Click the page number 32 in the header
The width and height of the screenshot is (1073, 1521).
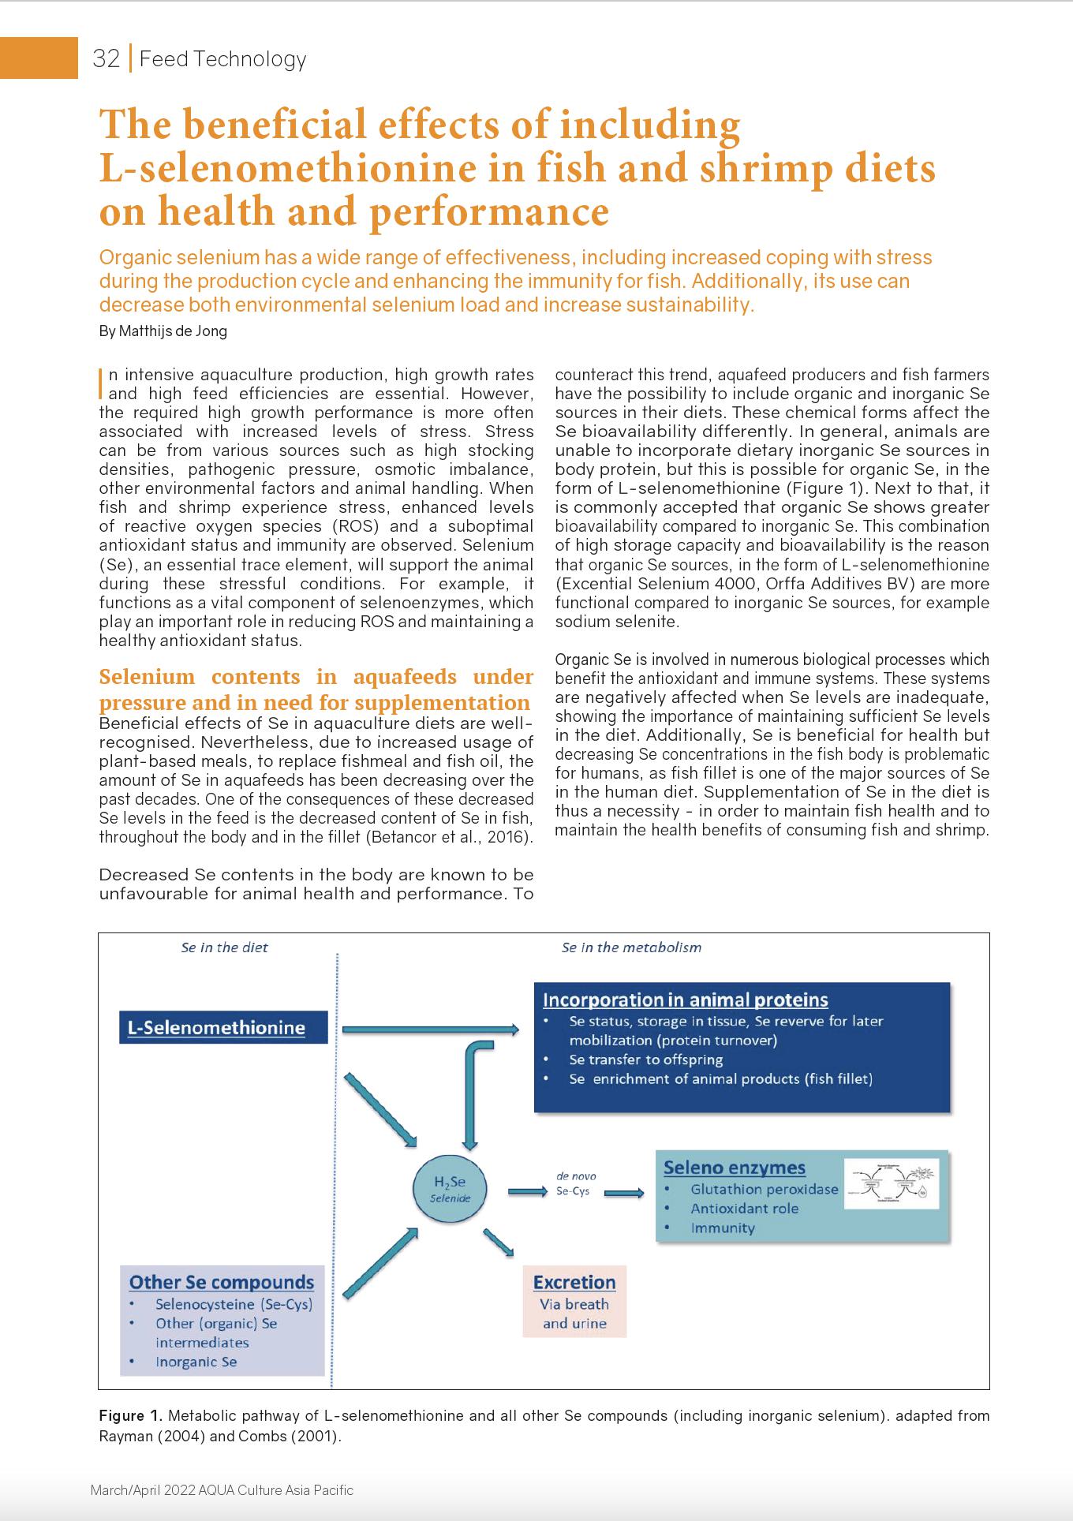pyautogui.click(x=106, y=59)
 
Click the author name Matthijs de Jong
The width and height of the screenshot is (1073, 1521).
pyautogui.click(x=163, y=331)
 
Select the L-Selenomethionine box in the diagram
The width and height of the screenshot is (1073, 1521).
pyautogui.click(x=222, y=1027)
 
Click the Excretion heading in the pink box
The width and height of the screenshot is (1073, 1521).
pyautogui.click(x=574, y=1283)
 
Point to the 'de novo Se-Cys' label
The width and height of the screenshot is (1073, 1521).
pyautogui.click(x=575, y=1183)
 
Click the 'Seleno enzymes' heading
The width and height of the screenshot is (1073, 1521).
pyautogui.click(x=734, y=1168)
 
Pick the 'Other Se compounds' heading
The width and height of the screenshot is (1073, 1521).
pyautogui.click(x=221, y=1283)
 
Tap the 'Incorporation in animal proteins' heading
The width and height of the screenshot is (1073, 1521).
pyautogui.click(x=685, y=1000)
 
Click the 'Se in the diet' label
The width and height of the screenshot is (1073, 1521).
pyautogui.click(x=224, y=947)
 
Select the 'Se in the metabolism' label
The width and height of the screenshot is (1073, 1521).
pyautogui.click(x=630, y=947)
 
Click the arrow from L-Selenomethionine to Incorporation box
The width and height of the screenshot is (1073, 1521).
pyautogui.click(x=431, y=1029)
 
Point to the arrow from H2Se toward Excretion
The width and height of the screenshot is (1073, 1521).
pyautogui.click(x=499, y=1242)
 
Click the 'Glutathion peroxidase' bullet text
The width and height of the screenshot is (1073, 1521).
pyautogui.click(x=764, y=1190)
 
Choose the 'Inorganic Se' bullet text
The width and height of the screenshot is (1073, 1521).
pyautogui.click(x=196, y=1362)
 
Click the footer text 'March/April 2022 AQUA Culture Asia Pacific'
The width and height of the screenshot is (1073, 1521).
pyautogui.click(x=222, y=1490)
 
